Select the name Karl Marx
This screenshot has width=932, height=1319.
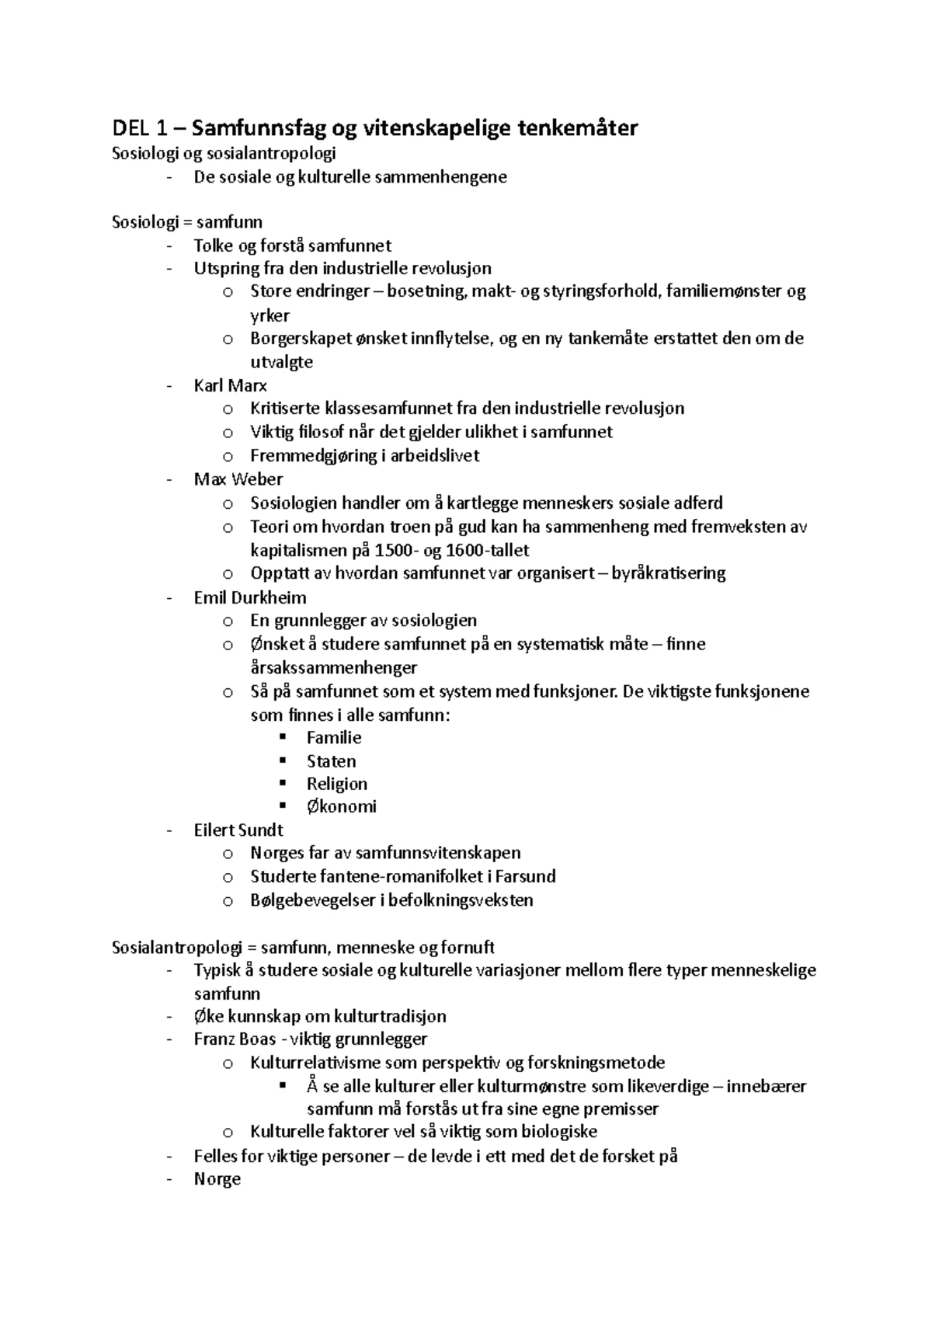tap(230, 385)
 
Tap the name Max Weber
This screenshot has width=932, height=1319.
tap(238, 479)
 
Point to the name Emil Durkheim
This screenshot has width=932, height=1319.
tap(249, 597)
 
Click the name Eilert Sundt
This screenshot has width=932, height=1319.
tap(238, 830)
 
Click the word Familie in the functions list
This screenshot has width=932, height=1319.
tap(334, 737)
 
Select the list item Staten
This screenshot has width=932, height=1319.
tap(331, 761)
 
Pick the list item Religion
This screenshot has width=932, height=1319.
tap(336, 784)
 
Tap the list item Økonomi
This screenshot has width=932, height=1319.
tap(341, 806)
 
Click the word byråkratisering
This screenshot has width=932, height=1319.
tap(668, 573)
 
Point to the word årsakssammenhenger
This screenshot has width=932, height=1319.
tap(333, 667)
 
